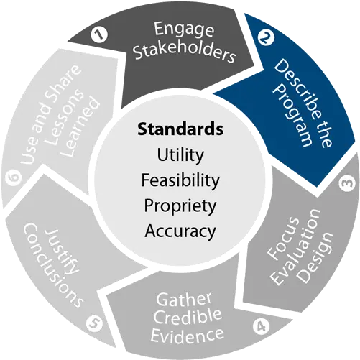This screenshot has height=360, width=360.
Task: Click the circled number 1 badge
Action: click(x=99, y=35)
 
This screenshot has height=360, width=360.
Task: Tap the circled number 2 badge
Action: click(x=266, y=37)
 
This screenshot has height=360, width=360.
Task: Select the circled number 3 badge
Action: click(x=347, y=183)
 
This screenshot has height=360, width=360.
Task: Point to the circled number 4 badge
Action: click(x=261, y=326)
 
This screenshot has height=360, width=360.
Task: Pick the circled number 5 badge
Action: click(x=94, y=323)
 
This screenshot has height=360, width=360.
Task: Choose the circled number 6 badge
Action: click(x=14, y=177)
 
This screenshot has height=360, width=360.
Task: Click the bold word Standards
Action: click(x=180, y=129)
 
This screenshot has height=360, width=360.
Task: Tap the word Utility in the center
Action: click(x=180, y=155)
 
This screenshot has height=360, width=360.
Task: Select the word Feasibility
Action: click(x=180, y=180)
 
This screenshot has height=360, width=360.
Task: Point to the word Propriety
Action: click(x=180, y=206)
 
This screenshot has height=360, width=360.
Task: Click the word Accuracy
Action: click(x=180, y=231)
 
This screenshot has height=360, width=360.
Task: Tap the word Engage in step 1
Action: click(x=183, y=29)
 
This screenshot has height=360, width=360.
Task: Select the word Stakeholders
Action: click(x=185, y=53)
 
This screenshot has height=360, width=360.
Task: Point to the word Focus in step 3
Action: click(x=283, y=239)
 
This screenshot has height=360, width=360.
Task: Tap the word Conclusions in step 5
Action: click(x=53, y=265)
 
